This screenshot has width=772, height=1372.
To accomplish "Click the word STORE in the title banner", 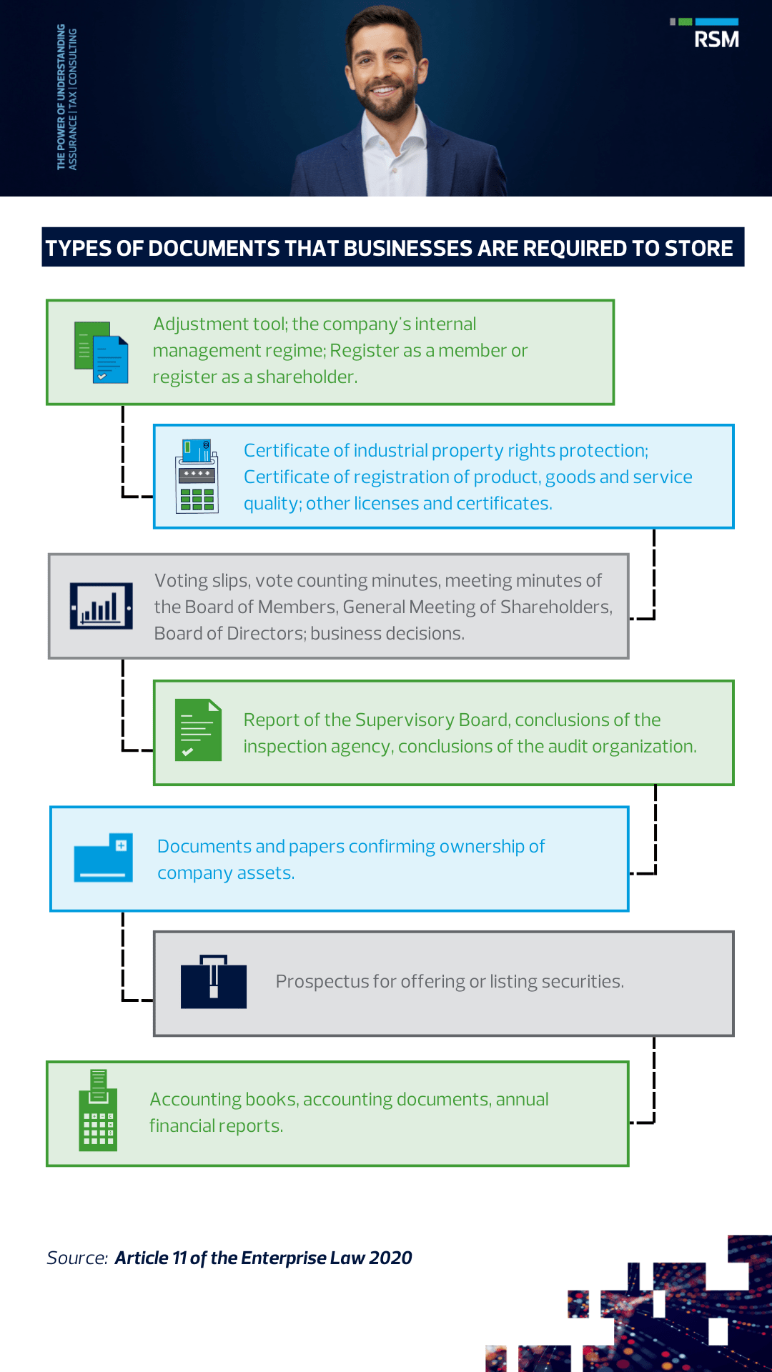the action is (698, 248).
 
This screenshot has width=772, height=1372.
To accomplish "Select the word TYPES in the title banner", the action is (78, 248).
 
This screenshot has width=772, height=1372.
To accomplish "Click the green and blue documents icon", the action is (101, 352).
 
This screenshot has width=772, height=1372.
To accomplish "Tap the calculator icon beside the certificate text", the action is (197, 476).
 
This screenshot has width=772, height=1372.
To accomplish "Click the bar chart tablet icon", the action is (101, 606).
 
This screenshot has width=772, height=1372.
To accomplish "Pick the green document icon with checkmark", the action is (198, 730).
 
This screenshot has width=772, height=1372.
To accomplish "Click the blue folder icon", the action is (104, 857).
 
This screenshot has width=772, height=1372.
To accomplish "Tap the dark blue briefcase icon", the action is (213, 981).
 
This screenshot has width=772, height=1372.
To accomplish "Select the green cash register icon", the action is (98, 1110).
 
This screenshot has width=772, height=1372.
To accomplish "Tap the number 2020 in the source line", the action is (390, 1258).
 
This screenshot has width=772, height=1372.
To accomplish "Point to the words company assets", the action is (226, 873).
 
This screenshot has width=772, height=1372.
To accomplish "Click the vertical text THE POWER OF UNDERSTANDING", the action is (61, 97).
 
